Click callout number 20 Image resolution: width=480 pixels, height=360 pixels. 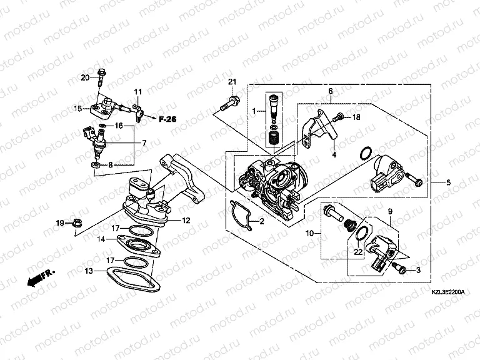click(x=86, y=77)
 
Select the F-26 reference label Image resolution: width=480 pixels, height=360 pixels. click(x=167, y=118)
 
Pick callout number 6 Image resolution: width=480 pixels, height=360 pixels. click(x=329, y=91)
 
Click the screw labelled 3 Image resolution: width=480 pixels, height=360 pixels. click(x=402, y=269)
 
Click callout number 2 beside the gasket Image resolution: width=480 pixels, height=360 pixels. click(x=262, y=222)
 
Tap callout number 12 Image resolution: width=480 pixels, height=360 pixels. click(x=186, y=220)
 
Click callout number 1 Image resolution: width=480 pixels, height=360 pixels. click(x=254, y=111)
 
